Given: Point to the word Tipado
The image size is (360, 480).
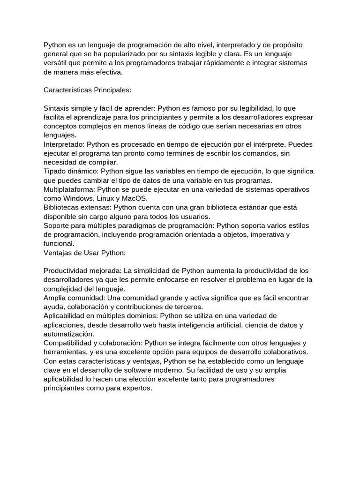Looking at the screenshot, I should pos(55,171).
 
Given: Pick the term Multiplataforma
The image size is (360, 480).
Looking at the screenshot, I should pos(68,189).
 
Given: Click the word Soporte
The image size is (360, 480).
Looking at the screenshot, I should pos(57,225).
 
